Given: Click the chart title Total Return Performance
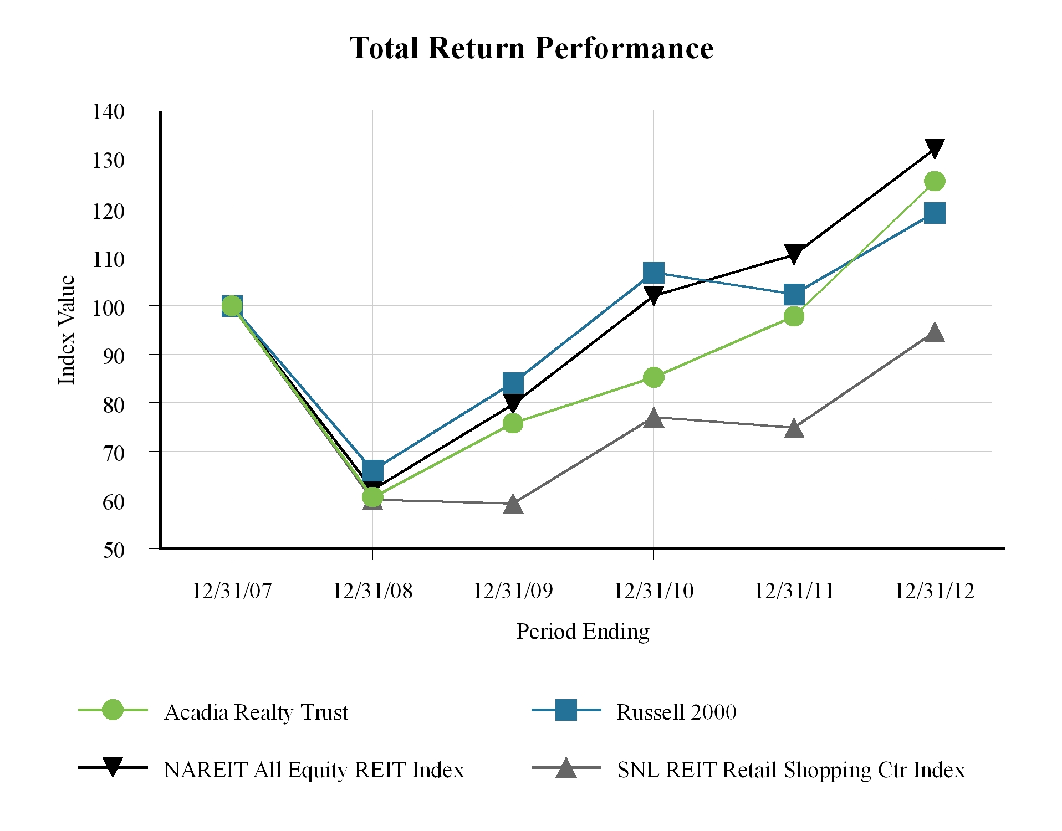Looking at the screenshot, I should click(x=531, y=48).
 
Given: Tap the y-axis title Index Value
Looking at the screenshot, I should click(x=67, y=330).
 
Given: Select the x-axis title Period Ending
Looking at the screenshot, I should click(x=583, y=632).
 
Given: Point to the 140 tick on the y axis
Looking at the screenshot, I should click(x=109, y=111).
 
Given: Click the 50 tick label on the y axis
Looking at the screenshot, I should click(x=114, y=550).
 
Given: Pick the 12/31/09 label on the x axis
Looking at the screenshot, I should click(x=513, y=591).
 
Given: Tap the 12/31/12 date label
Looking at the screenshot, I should click(x=935, y=591).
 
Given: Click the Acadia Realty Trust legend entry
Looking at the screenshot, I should click(x=256, y=712).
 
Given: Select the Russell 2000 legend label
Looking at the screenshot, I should click(x=676, y=712).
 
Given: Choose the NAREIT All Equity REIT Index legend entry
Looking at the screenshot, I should click(x=314, y=770).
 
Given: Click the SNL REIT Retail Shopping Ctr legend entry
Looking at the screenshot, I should click(x=791, y=770).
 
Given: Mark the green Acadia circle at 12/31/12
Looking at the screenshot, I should click(x=935, y=181).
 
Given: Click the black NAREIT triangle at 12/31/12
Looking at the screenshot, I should click(x=935, y=147).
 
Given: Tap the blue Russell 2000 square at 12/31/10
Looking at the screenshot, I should click(x=653, y=273).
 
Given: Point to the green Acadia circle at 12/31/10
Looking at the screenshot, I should click(x=653, y=377).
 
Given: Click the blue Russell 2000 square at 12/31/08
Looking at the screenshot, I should click(x=372, y=470).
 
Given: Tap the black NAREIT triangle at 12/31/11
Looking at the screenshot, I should click(x=794, y=254).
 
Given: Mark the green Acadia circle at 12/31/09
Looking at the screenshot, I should click(x=513, y=423).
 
